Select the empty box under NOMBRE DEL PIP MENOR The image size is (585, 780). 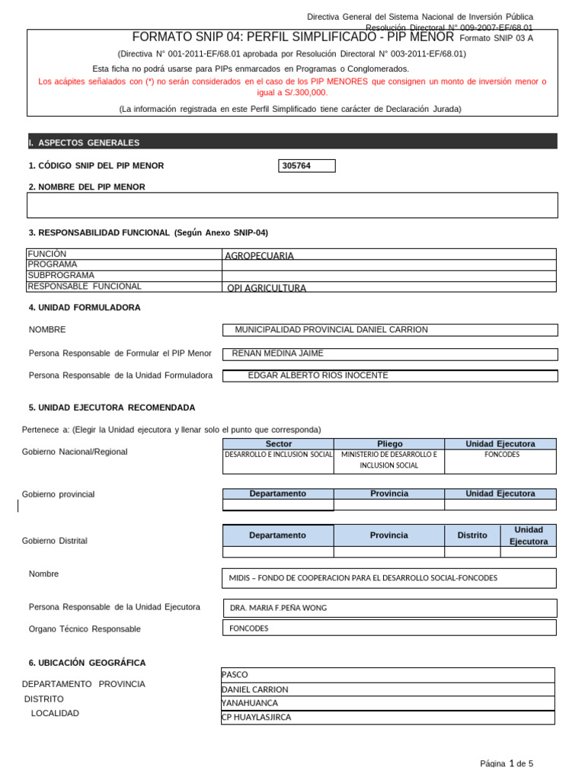coord(292,205)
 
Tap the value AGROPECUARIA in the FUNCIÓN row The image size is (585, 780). coord(260,256)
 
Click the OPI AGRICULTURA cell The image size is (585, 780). coord(267,288)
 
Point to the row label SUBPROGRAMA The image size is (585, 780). coord(61,275)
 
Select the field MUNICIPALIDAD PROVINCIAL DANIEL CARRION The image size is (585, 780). coord(331,330)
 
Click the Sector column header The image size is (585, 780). coord(278,444)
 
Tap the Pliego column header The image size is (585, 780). coord(389,444)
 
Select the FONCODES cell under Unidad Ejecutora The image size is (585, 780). coord(501,454)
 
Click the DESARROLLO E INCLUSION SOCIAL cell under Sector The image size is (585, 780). coord(278,454)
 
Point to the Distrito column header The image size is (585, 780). coord(472,535)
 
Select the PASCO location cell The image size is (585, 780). coord(235,675)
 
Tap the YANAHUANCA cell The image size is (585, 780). coord(250,703)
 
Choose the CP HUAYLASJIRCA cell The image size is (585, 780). coord(256,717)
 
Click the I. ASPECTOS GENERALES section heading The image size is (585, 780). coord(84,142)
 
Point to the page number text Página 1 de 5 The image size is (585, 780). coord(507,763)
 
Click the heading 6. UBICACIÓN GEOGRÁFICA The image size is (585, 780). coord(87,663)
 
